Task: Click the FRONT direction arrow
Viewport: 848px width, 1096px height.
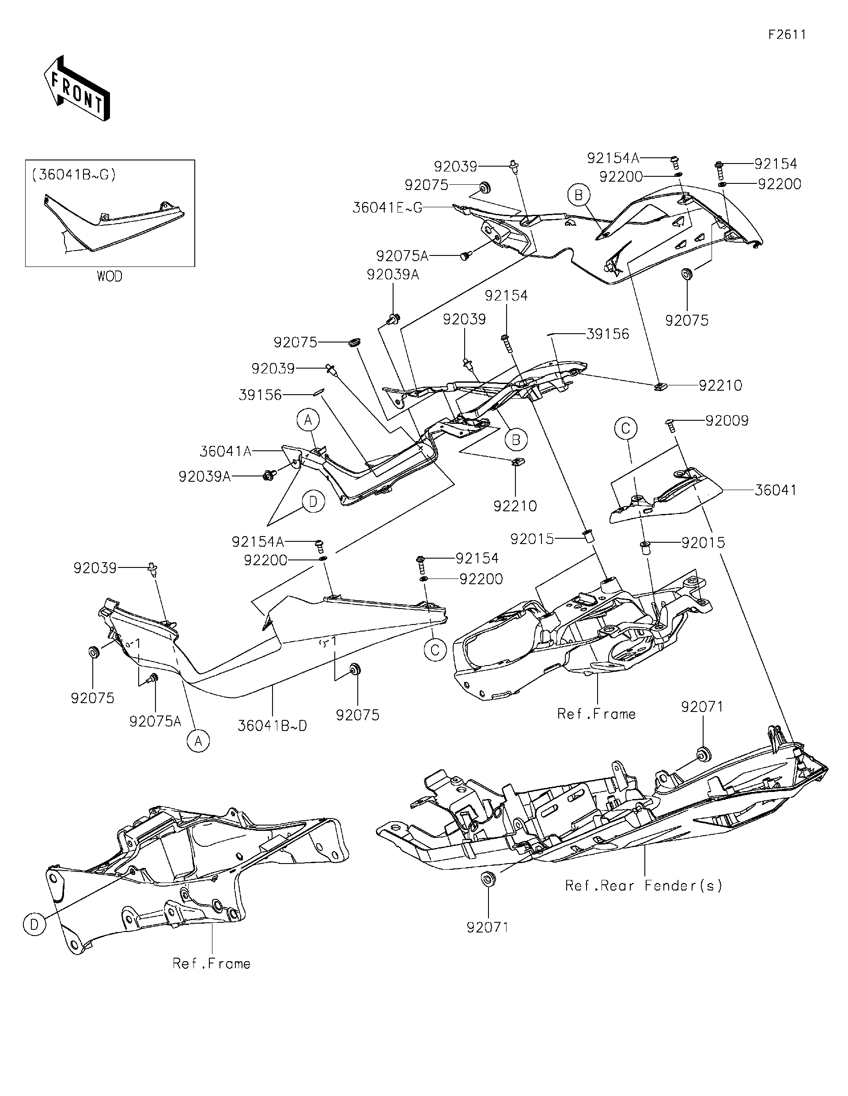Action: click(76, 88)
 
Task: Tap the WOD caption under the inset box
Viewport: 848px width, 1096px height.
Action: click(110, 277)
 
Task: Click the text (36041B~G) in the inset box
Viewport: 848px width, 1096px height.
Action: click(74, 175)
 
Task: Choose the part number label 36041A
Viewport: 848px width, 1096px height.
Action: click(226, 452)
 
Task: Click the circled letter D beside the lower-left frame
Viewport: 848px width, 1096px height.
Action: click(34, 925)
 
